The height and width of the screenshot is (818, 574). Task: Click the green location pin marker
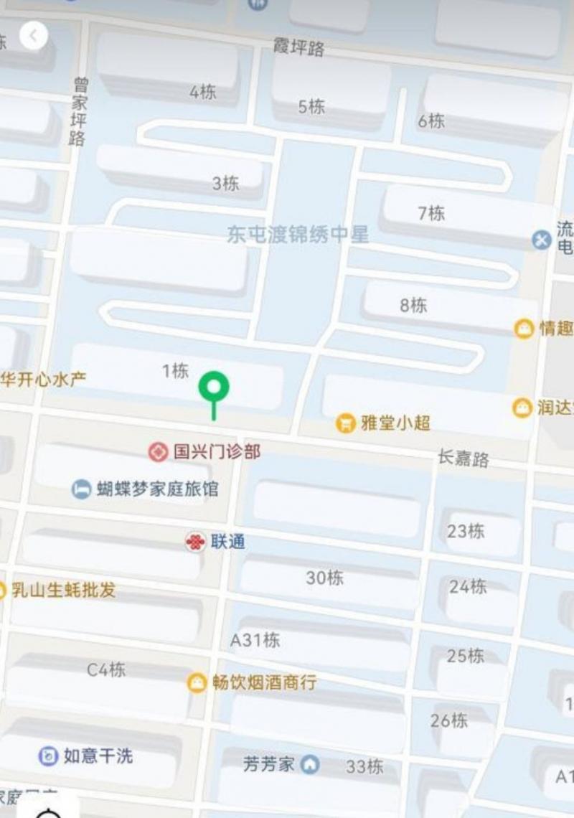click(x=214, y=387)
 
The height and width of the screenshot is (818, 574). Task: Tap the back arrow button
click(x=33, y=35)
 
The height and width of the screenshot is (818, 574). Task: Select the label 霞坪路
click(x=299, y=47)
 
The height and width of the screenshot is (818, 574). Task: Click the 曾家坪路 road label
click(x=79, y=112)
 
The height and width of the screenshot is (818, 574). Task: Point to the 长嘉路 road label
click(x=464, y=457)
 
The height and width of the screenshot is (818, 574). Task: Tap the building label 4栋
click(x=203, y=92)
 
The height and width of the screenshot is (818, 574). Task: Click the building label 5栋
click(x=311, y=106)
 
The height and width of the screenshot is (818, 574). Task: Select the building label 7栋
click(x=431, y=212)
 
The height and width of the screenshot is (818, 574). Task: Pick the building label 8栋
click(x=413, y=305)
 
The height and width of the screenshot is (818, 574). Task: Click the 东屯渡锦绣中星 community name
click(x=298, y=234)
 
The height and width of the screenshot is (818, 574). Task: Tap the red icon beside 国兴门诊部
click(x=158, y=452)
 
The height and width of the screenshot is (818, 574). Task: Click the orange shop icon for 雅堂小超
click(x=346, y=423)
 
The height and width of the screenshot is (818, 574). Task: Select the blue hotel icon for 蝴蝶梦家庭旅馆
click(x=81, y=489)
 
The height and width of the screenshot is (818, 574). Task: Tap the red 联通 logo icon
click(x=194, y=542)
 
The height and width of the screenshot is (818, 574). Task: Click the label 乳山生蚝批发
click(x=63, y=591)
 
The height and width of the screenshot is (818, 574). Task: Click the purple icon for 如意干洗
click(x=48, y=756)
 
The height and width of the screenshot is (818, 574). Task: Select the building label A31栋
click(x=255, y=639)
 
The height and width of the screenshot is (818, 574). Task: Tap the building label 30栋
click(x=325, y=577)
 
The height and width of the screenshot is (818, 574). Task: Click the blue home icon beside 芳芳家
click(x=310, y=764)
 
